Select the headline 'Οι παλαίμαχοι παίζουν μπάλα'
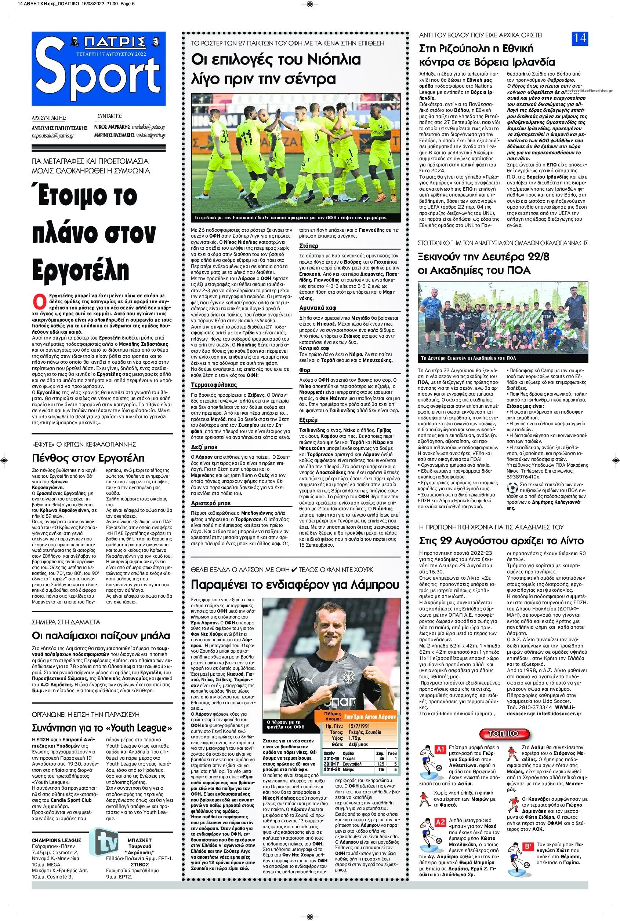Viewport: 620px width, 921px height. [101, 635]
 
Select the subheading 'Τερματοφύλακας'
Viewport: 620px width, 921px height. [208, 384]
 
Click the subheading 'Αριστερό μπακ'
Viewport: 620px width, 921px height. [210, 503]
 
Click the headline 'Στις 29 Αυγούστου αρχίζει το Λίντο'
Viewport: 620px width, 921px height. [501, 541]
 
